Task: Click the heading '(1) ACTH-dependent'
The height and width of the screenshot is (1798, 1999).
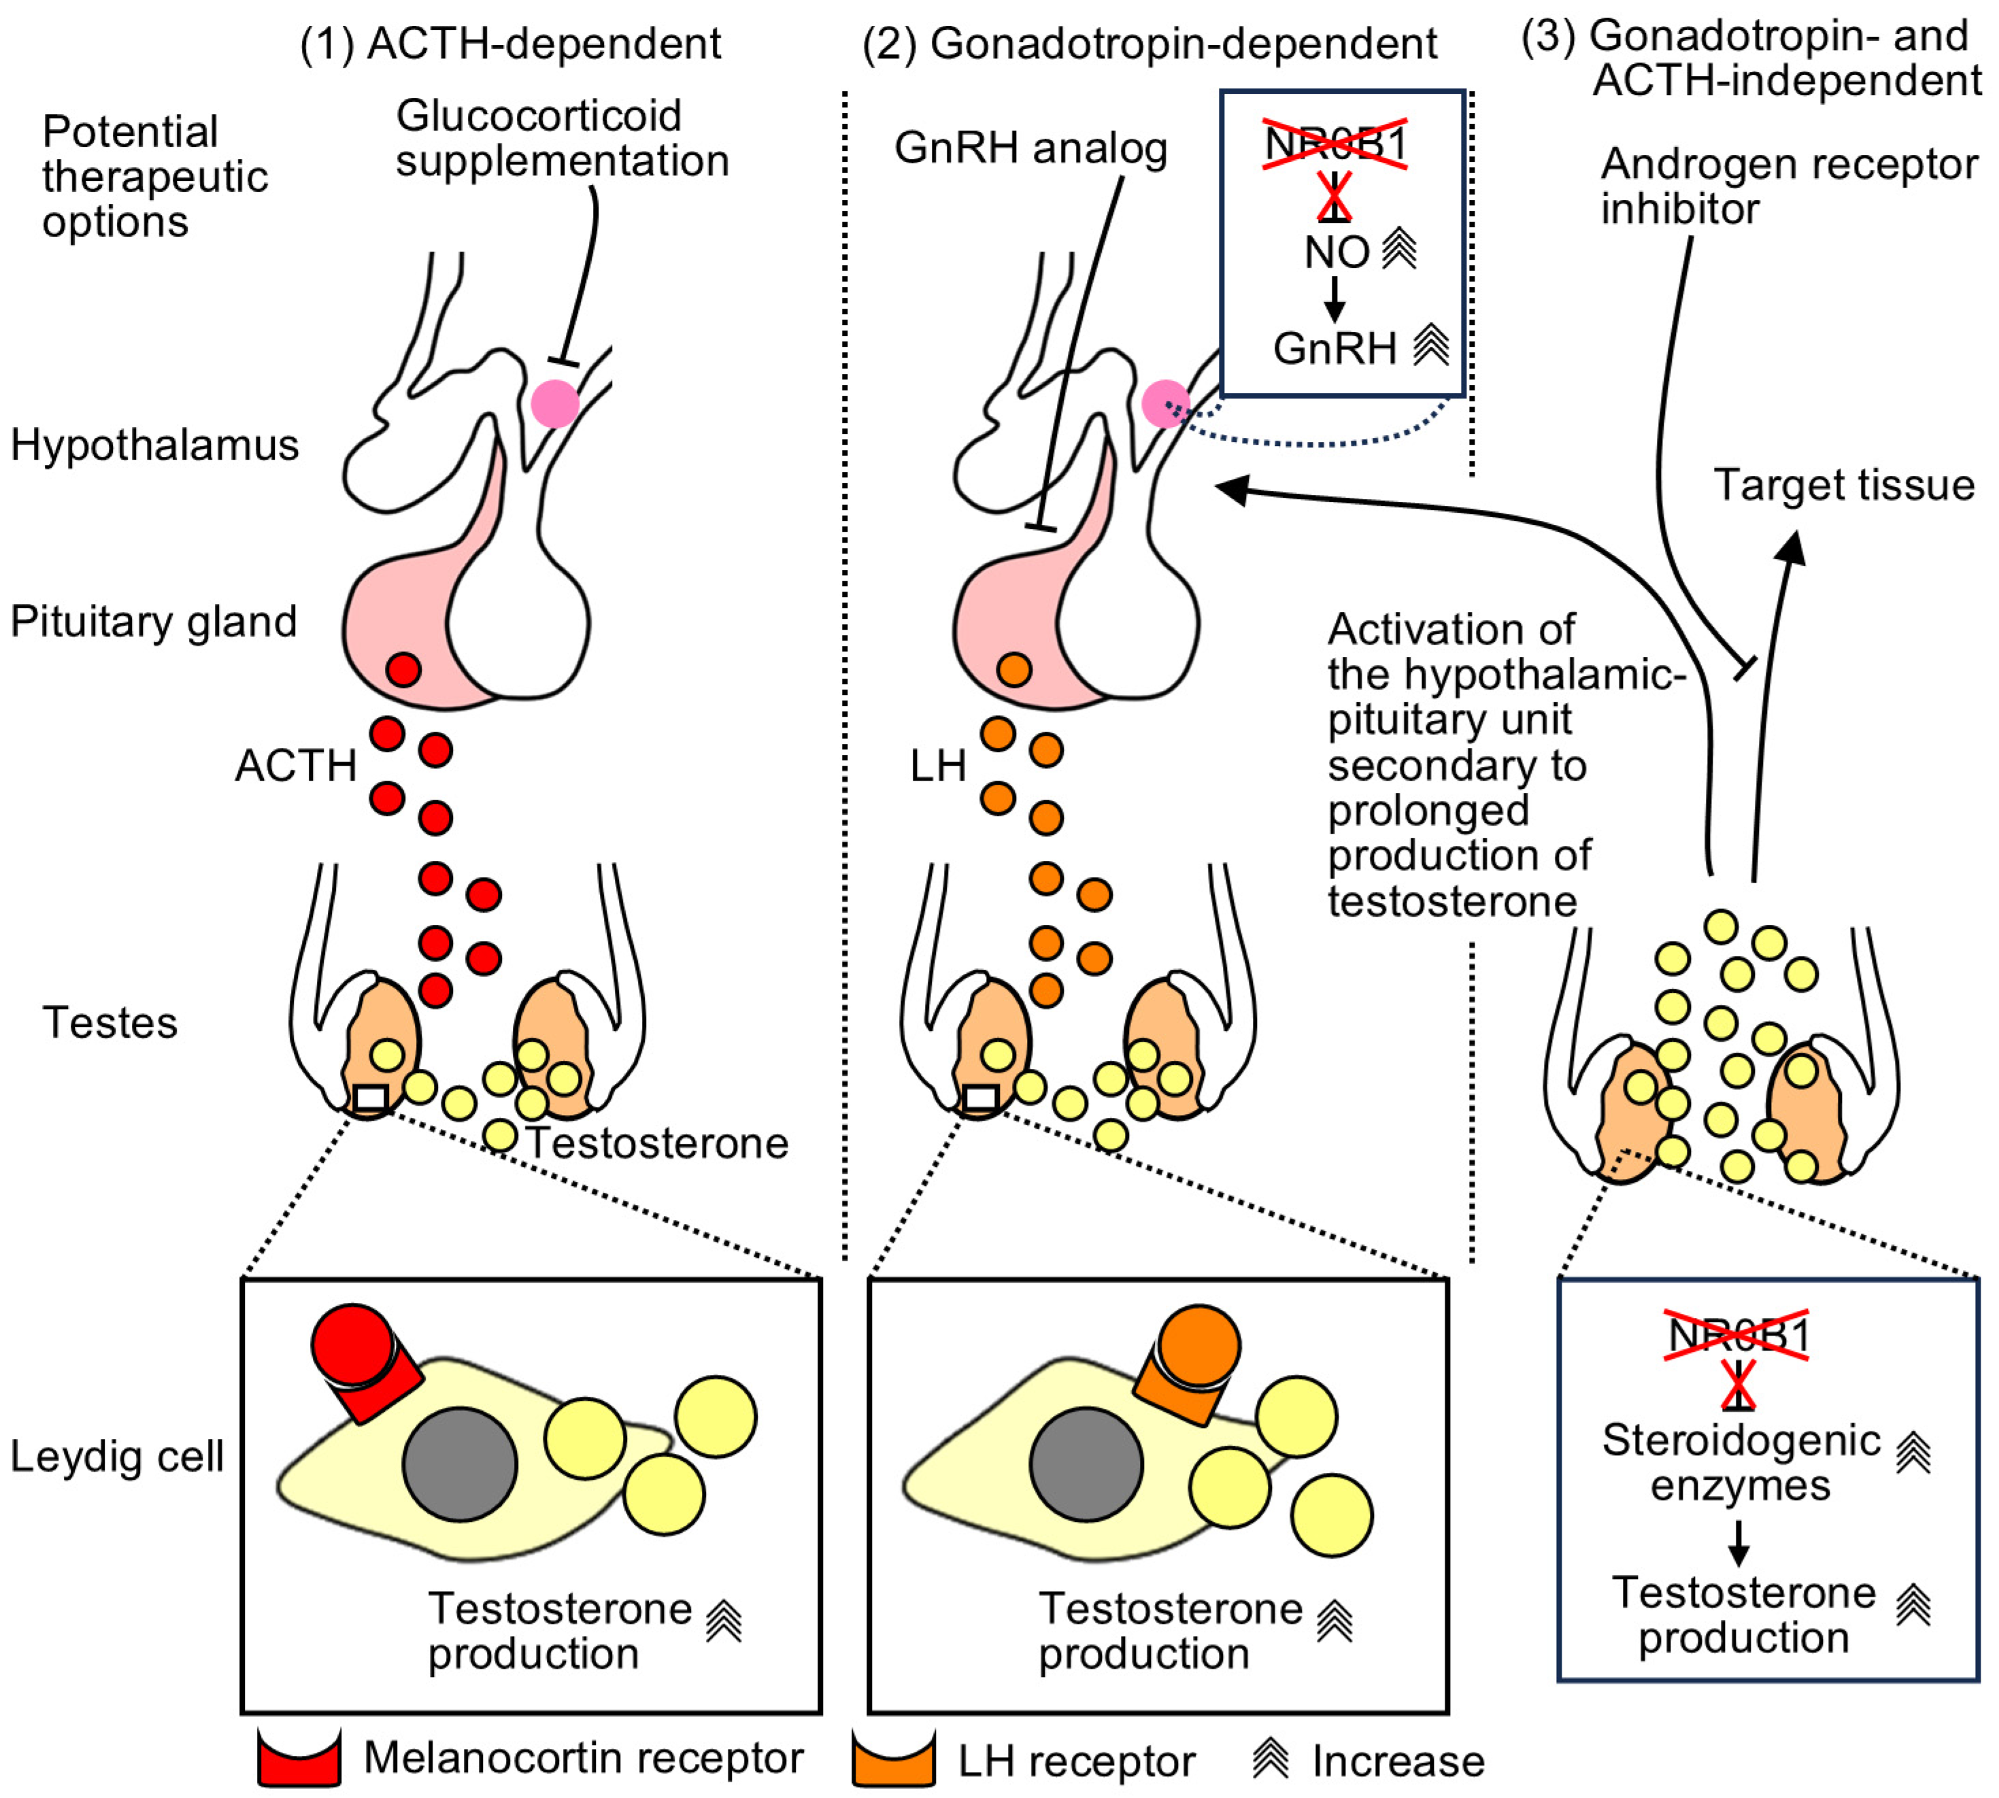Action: point(510,44)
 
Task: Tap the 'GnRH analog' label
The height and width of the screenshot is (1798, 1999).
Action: point(1030,148)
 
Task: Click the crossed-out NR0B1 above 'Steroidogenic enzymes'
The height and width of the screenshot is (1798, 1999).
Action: point(1737,1336)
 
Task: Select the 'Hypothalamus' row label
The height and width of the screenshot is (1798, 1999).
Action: point(154,445)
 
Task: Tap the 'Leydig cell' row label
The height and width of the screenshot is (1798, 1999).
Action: point(116,1456)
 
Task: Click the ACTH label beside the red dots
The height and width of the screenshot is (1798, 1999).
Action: point(295,766)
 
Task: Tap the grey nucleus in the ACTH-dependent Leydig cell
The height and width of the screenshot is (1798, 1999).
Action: point(460,1464)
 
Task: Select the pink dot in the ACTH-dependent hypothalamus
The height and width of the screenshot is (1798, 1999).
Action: point(554,403)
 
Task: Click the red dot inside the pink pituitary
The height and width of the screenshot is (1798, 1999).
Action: point(403,670)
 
